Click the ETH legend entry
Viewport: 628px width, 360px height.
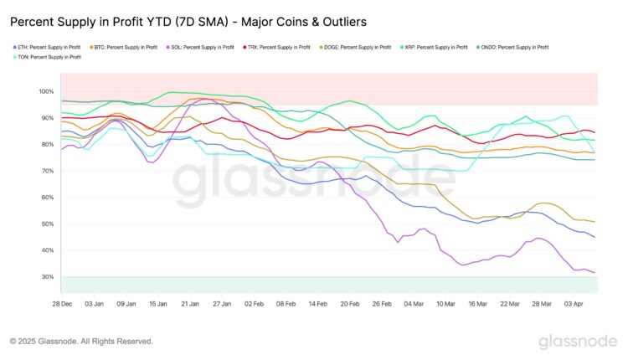pyautogui.click(x=47, y=48)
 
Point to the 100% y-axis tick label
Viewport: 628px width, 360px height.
pyautogui.click(x=45, y=91)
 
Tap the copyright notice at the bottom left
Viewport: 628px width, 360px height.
pyautogui.click(x=81, y=342)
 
